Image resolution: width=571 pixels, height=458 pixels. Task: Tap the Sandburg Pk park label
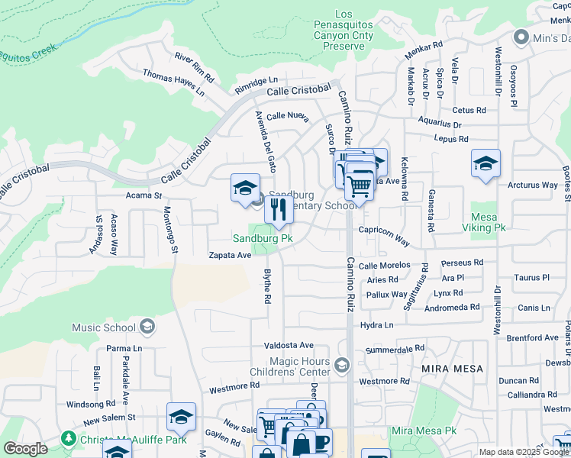click(263, 238)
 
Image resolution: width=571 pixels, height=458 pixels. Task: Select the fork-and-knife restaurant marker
click(279, 209)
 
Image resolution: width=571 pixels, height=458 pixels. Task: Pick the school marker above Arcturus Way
click(486, 163)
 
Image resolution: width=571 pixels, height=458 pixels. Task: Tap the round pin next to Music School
click(148, 328)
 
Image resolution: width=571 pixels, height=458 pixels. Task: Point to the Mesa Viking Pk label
click(489, 222)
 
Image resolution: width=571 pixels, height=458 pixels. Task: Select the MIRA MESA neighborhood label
click(453, 369)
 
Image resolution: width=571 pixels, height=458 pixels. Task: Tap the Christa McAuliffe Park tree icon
click(69, 438)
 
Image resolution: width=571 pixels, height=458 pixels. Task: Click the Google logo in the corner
click(24, 449)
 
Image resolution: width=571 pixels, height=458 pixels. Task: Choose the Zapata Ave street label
click(231, 256)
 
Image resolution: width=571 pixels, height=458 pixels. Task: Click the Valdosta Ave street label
click(289, 345)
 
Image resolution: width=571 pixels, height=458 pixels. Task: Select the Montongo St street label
click(172, 230)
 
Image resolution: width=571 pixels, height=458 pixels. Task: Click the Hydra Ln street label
click(377, 324)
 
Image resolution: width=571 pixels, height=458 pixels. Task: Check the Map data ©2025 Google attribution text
click(523, 452)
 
